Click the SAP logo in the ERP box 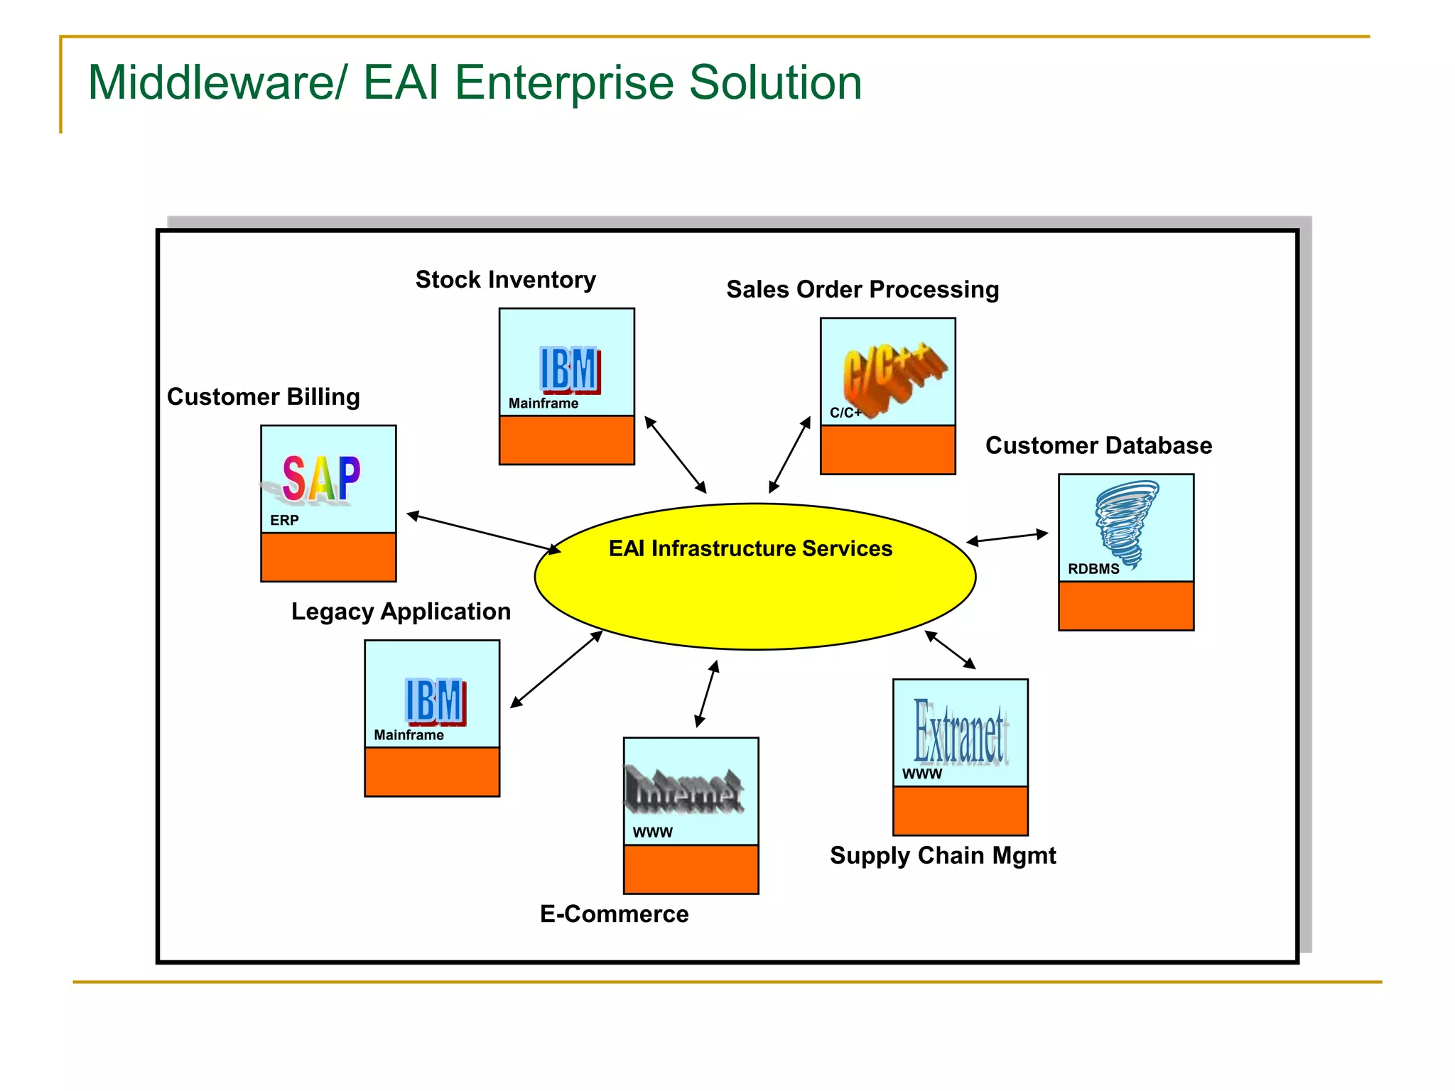click(321, 479)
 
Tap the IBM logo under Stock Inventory click(570, 369)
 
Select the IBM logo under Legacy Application click(435, 701)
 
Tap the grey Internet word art click(683, 790)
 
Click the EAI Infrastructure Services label click(750, 548)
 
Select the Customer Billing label click(263, 396)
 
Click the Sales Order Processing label click(862, 289)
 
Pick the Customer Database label click(1098, 445)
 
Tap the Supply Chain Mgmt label click(943, 855)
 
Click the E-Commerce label click(614, 914)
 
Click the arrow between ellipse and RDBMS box click(1007, 538)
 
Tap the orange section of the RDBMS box click(1126, 606)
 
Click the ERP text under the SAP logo click(284, 521)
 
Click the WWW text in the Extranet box click(921, 774)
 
